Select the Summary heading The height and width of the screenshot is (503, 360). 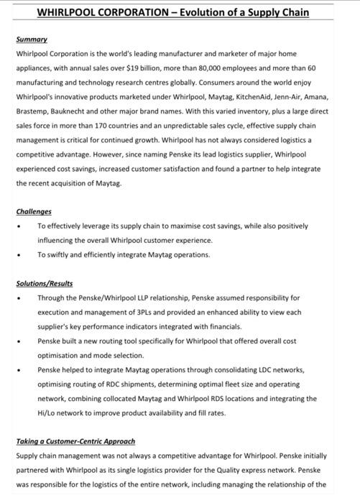point(32,39)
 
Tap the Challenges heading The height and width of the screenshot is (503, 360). point(34,211)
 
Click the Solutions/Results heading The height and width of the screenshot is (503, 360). point(45,283)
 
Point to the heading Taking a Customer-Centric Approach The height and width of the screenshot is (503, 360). point(75,440)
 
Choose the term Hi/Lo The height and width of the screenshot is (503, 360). point(46,412)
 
